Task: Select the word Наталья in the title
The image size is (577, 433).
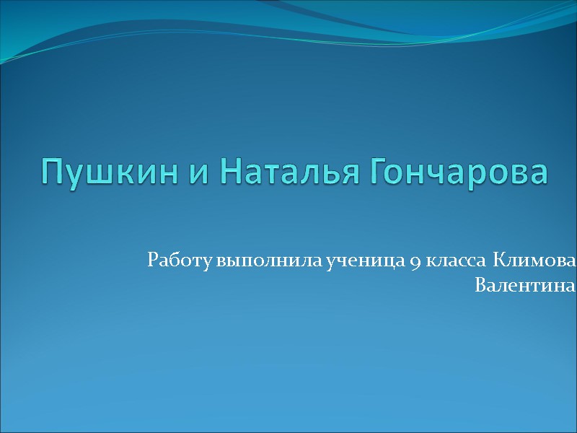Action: pyautogui.click(x=285, y=172)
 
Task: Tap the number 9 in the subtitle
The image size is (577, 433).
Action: pyautogui.click(x=417, y=262)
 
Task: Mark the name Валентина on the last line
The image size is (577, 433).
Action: pyautogui.click(x=525, y=287)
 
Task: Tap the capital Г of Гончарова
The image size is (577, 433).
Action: pyautogui.click(x=379, y=172)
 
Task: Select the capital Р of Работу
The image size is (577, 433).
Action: pyautogui.click(x=151, y=261)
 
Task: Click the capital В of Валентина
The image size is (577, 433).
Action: pyautogui.click(x=480, y=286)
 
